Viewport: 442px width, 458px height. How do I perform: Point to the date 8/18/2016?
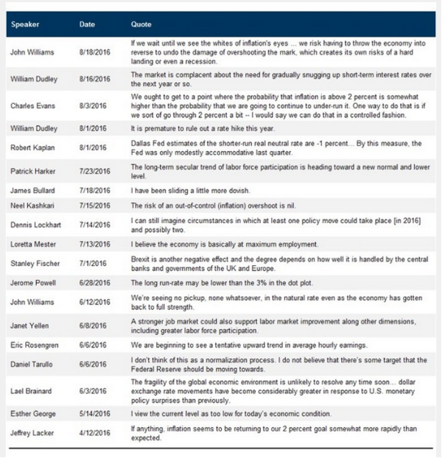pos(94,52)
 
